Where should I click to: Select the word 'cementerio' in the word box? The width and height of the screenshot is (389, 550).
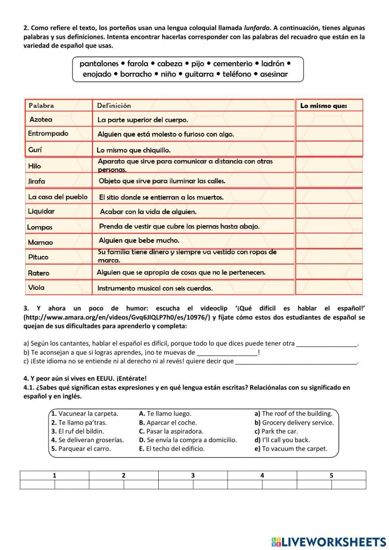233,63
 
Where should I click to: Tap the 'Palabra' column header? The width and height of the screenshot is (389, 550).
41,105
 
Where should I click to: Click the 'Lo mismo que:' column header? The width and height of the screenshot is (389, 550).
323,105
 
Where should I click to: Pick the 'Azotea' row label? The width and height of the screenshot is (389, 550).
41,119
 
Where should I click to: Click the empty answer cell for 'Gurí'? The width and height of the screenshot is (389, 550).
329,149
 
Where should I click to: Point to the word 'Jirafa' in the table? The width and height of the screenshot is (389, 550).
37,181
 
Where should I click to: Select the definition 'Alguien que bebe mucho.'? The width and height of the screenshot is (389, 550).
139,241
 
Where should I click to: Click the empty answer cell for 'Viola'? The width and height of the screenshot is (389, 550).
329,288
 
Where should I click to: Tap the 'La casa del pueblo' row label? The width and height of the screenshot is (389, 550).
58,197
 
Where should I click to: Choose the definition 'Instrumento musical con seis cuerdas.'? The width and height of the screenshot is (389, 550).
155,288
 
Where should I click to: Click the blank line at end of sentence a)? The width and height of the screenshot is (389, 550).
326,344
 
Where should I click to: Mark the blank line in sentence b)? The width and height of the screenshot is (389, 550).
227,353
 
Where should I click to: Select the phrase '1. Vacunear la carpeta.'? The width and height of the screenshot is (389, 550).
84,414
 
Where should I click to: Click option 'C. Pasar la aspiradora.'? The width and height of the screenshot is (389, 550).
171,431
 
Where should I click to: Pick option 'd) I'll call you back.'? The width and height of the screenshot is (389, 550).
282,440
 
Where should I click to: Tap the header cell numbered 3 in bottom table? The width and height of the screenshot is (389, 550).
193,475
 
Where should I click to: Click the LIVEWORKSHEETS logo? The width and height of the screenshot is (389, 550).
328,541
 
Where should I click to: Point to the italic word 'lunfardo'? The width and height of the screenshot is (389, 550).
257,28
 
